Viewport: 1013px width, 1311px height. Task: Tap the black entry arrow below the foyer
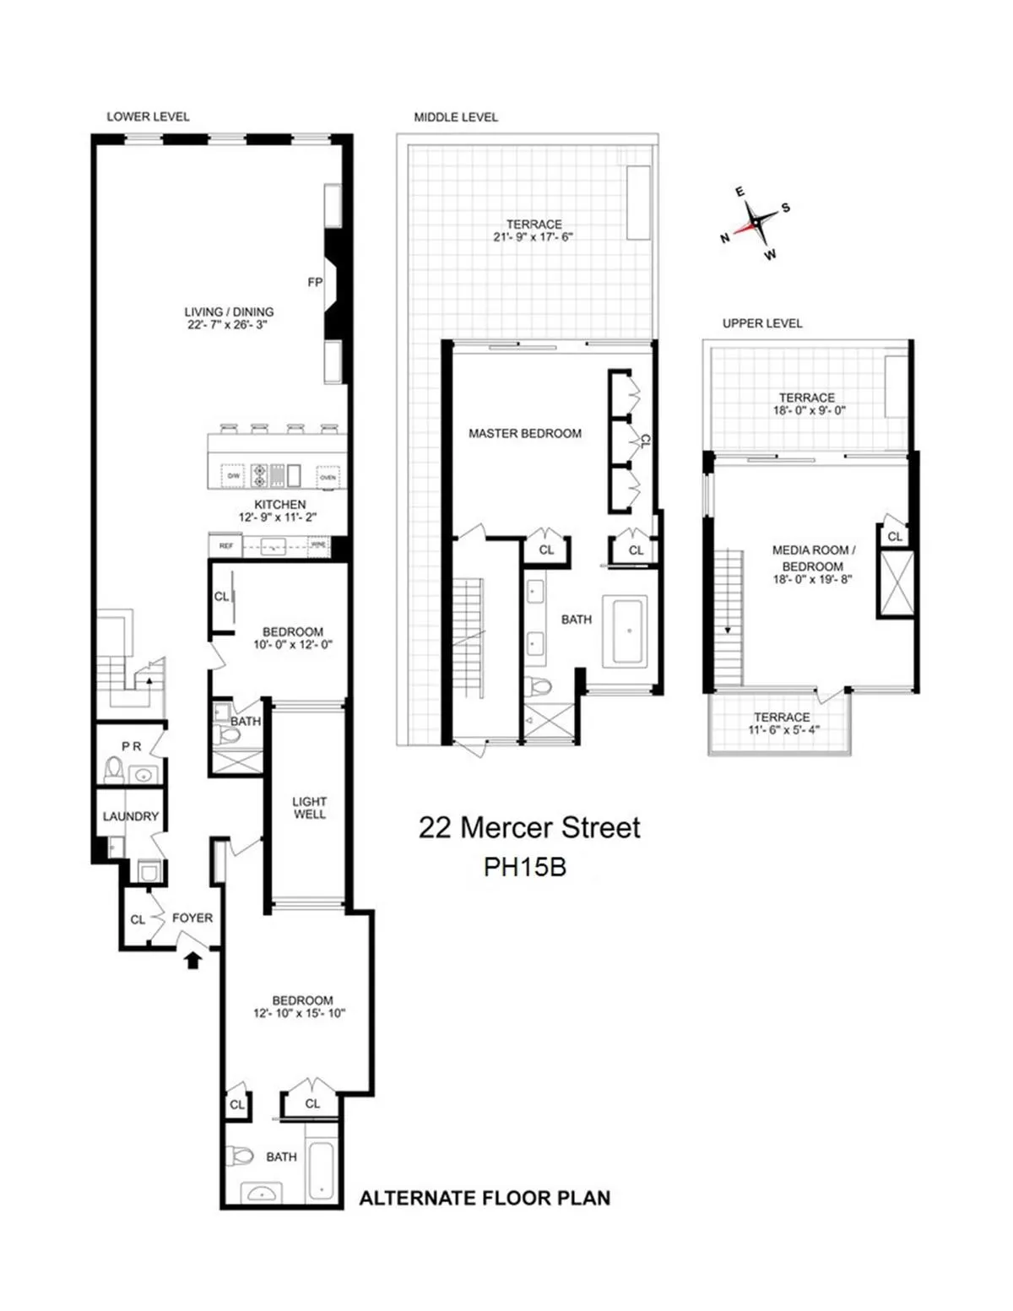pos(192,958)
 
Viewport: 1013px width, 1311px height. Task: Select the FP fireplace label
pos(315,282)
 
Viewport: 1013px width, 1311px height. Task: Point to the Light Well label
pos(309,807)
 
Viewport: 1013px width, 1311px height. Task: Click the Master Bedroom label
pos(524,433)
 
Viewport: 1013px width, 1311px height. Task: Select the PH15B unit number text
pos(524,867)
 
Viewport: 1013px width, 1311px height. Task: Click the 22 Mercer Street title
pos(529,827)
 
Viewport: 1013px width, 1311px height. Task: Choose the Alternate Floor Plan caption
pos(485,1198)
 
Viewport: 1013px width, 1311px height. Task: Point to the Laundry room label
pos(130,816)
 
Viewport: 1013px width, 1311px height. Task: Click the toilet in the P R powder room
pos(113,769)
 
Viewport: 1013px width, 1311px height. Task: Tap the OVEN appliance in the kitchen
pos(328,477)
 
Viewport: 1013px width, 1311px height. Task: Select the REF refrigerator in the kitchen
pos(225,546)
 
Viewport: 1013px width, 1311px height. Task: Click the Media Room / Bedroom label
pos(813,558)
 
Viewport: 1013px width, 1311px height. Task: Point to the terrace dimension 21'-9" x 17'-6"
pos(534,237)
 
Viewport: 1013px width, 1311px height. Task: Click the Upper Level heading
pos(761,323)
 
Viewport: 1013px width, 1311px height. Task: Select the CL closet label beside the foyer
pos(138,919)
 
